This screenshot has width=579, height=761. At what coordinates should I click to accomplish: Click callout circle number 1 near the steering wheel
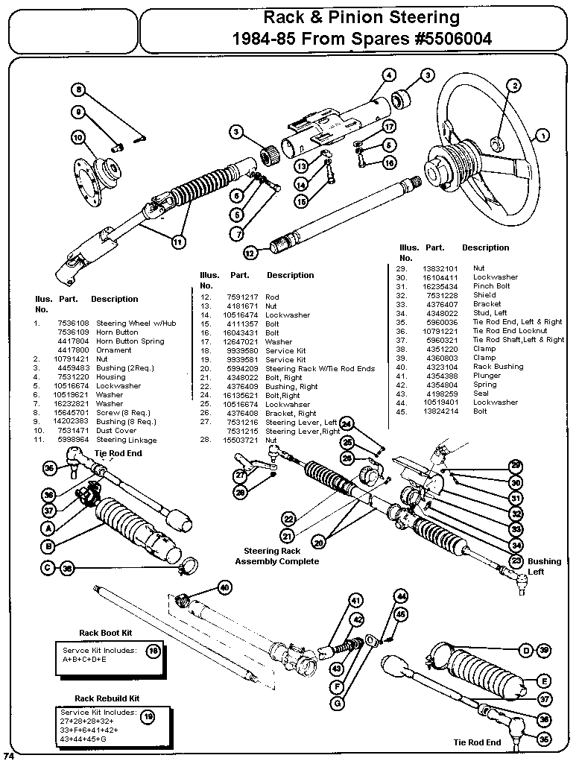point(542,136)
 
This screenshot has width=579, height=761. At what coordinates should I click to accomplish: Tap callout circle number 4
point(389,75)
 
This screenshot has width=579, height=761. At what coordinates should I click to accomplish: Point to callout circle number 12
point(250,253)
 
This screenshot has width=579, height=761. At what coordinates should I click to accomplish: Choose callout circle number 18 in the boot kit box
point(154,651)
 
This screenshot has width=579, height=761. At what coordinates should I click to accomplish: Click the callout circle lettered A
point(49,527)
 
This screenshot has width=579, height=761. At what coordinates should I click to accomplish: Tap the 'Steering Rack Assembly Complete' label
point(276,556)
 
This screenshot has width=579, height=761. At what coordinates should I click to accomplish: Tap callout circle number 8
point(78,90)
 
